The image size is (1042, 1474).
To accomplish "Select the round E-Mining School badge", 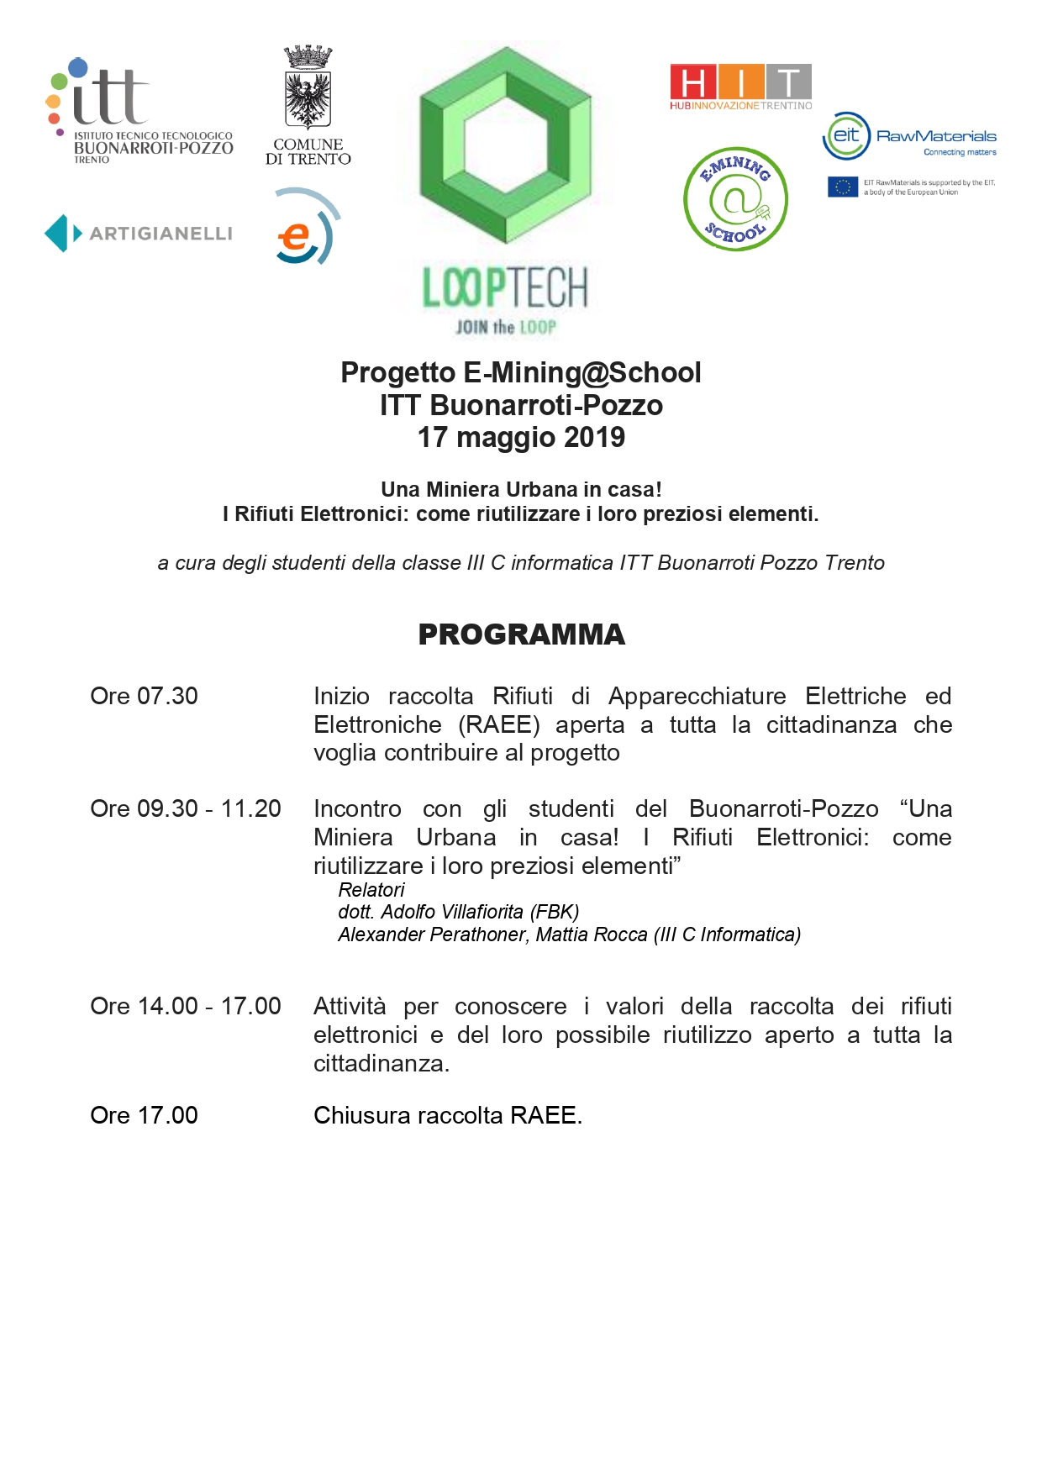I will tap(735, 199).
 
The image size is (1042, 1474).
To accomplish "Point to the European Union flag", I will tap(842, 187).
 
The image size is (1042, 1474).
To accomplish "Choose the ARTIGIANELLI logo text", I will tap(161, 234).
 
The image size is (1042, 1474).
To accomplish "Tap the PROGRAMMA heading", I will tap(521, 634).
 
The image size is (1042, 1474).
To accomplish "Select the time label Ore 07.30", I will tap(144, 696).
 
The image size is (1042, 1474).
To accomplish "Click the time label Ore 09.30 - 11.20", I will tap(185, 808).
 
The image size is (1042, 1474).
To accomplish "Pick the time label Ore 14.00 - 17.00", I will tap(185, 1006).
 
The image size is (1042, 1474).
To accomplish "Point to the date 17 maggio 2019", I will tap(521, 438).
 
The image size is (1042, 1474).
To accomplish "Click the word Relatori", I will tap(371, 890).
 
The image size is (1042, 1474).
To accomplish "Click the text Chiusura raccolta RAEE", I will tap(447, 1115).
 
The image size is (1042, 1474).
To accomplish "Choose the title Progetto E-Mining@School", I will tap(521, 372).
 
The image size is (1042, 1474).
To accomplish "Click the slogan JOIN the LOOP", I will tap(505, 327).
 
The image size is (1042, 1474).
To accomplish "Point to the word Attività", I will tap(350, 1006).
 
